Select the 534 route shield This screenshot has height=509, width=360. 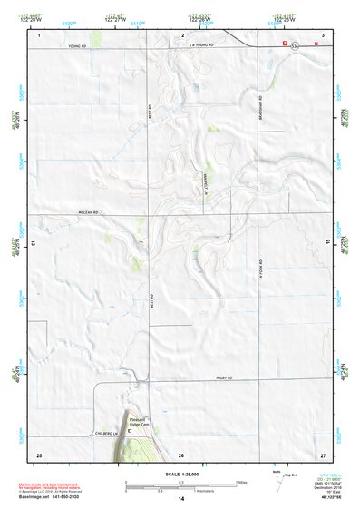(x=269, y=43)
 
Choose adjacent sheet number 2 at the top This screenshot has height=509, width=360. (x=182, y=34)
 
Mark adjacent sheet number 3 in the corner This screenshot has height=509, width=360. (x=323, y=34)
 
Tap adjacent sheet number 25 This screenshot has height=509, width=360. (x=39, y=454)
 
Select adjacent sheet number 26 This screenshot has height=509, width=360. (x=181, y=454)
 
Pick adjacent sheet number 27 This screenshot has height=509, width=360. (x=323, y=454)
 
